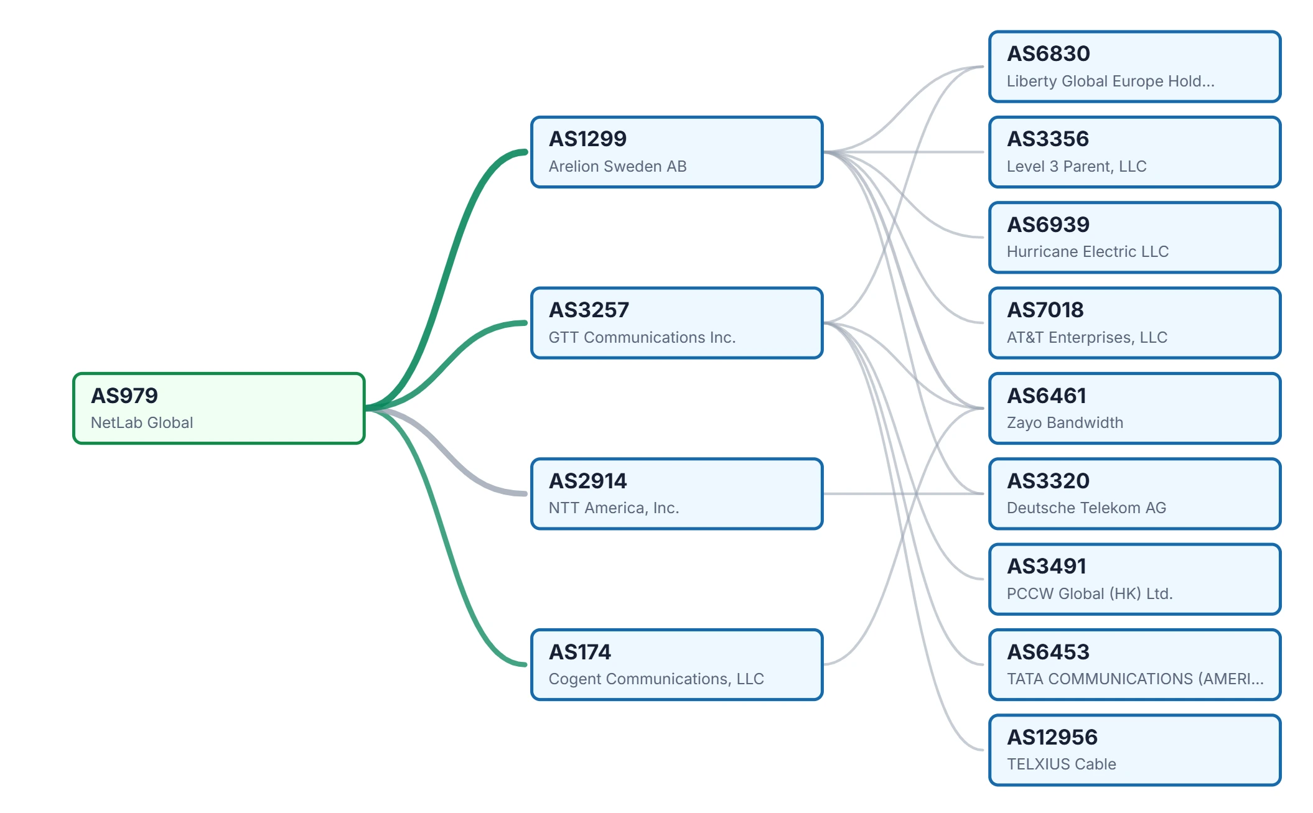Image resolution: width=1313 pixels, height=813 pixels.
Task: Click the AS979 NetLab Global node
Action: point(219,408)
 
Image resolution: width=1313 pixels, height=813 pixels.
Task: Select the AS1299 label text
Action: point(587,139)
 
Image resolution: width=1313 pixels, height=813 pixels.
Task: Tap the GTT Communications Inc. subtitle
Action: point(642,337)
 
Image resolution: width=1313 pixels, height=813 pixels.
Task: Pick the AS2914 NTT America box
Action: point(677,494)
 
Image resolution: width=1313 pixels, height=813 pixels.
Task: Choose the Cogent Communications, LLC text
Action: point(656,679)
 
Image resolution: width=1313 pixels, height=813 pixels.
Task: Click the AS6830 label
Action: point(1049,53)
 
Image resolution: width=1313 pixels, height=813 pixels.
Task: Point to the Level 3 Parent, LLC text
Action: point(1077,166)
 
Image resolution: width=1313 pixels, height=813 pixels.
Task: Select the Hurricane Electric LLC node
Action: point(1135,237)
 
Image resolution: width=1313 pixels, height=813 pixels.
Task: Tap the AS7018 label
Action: point(1045,310)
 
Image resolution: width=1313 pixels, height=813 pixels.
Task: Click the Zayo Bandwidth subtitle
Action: point(1065,422)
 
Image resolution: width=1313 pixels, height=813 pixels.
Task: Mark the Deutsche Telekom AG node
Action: point(1135,494)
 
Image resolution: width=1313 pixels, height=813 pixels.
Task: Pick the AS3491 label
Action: point(1047,566)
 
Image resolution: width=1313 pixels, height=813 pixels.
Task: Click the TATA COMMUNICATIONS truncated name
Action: point(1135,679)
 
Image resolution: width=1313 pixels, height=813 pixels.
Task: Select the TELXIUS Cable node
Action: point(1135,750)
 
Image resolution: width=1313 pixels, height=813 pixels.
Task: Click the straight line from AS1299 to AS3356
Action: point(904,152)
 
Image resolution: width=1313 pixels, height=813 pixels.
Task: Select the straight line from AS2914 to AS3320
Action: point(904,494)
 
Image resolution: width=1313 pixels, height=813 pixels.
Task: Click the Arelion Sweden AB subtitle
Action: point(617,166)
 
